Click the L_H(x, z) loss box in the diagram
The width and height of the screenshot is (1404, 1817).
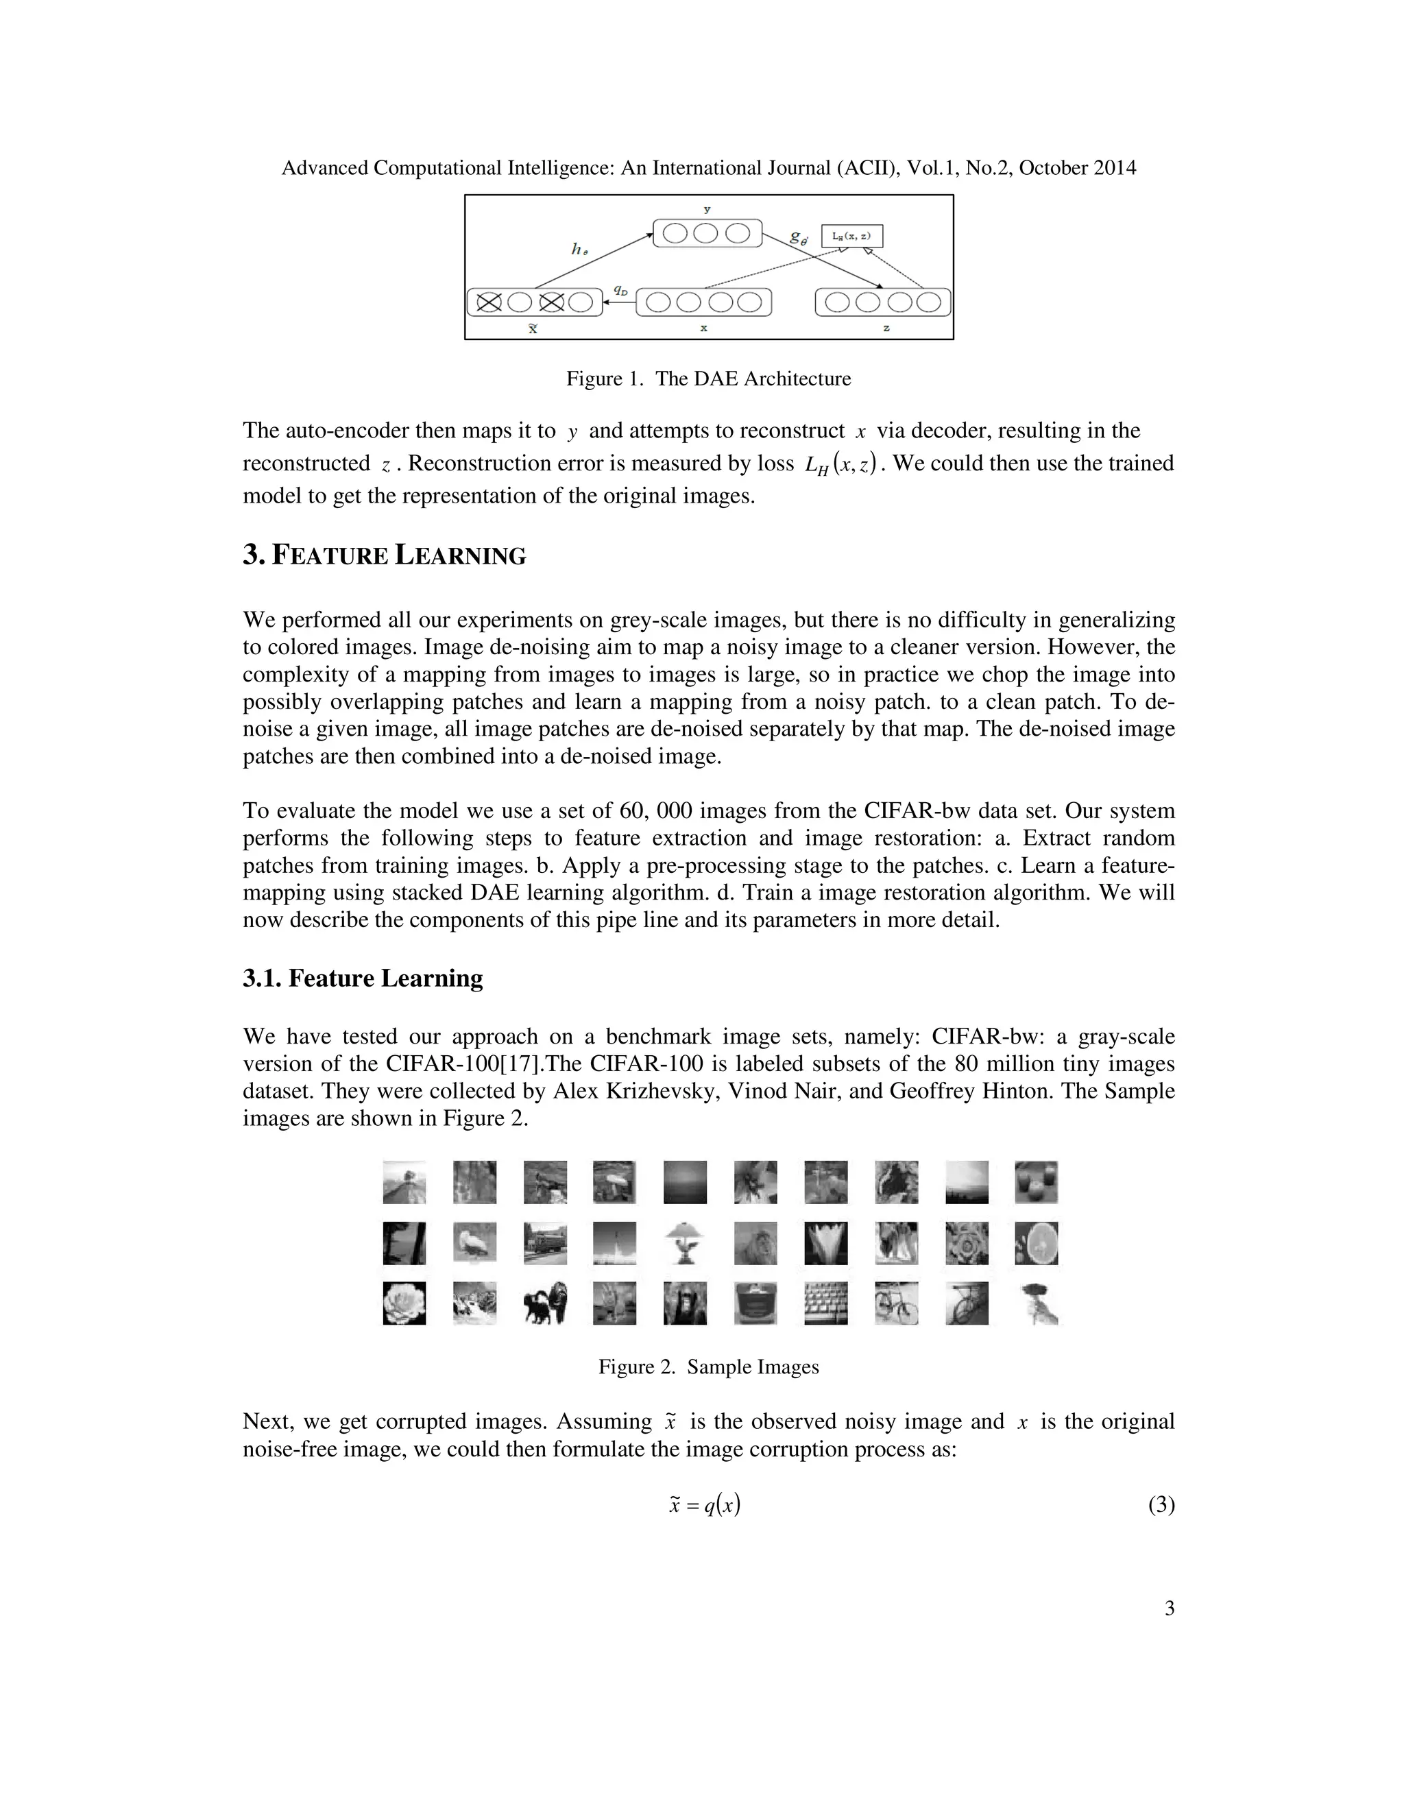click(x=851, y=237)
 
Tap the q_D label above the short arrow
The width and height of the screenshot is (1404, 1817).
click(x=620, y=289)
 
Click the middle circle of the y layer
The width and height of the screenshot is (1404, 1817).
click(x=705, y=233)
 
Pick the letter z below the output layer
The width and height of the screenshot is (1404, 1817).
click(x=886, y=328)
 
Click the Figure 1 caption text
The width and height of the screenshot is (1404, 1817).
click(x=709, y=379)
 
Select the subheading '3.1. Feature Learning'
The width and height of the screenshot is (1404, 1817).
click(x=363, y=978)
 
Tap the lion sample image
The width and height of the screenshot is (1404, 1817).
click(x=755, y=1243)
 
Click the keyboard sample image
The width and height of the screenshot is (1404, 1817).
click(x=826, y=1303)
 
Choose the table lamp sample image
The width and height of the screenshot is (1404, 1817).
click(x=686, y=1243)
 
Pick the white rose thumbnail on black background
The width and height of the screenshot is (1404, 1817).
click(x=404, y=1303)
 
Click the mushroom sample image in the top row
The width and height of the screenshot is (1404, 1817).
click(x=615, y=1182)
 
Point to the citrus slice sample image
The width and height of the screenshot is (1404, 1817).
click(x=1037, y=1243)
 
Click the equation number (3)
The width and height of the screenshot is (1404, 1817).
click(x=1161, y=1505)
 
